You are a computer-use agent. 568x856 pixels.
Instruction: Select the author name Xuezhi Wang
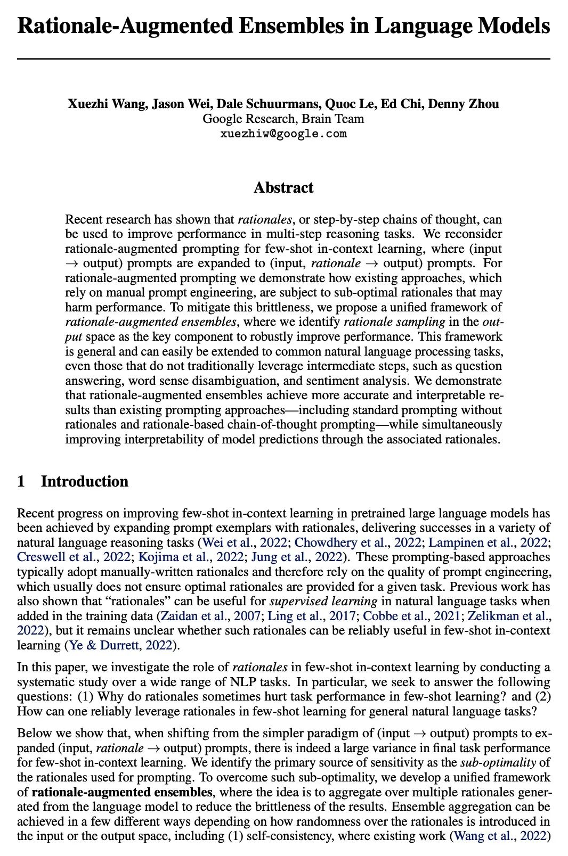pos(107,103)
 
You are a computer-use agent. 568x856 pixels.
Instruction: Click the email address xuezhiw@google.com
pos(283,134)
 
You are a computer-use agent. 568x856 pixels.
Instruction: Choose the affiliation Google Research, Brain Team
pos(283,118)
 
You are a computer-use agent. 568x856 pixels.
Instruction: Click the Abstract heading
pos(283,188)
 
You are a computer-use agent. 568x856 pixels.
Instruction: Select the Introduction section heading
pos(85,482)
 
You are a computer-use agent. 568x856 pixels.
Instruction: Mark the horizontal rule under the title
pos(283,57)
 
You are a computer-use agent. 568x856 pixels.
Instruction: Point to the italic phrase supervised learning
pos(323,602)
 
